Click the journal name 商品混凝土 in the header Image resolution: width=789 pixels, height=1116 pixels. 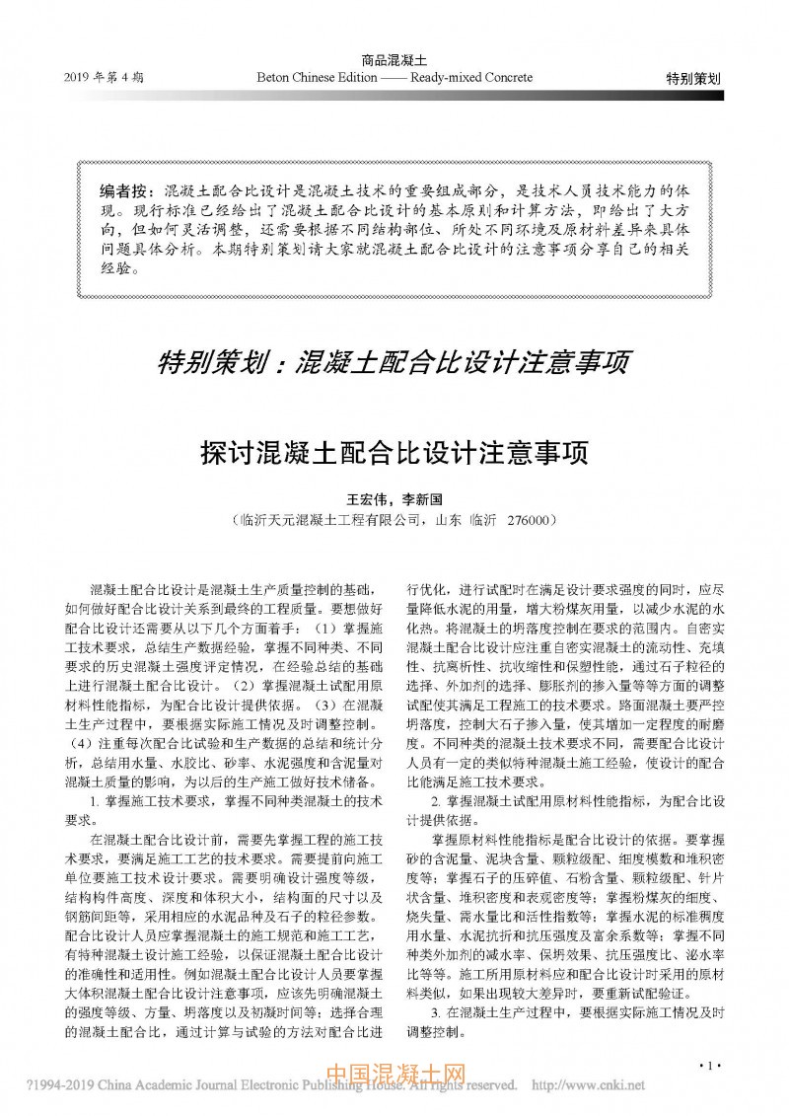394,61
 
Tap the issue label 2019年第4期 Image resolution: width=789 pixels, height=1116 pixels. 104,78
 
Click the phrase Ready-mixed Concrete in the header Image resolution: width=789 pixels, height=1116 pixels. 471,77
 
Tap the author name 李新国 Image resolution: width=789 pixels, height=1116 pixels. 425,500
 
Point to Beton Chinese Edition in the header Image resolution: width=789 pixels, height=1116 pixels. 311,77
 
